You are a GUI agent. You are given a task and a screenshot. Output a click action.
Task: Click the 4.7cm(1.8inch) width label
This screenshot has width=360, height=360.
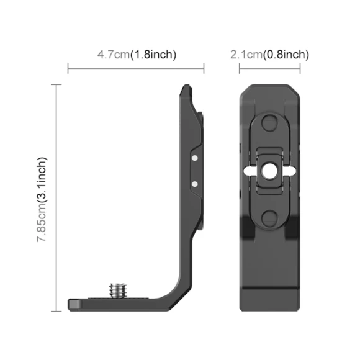(137, 55)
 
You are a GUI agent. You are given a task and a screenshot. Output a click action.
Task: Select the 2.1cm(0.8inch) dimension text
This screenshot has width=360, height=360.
(269, 55)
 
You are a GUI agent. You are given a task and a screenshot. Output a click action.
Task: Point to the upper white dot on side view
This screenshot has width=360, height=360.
(195, 159)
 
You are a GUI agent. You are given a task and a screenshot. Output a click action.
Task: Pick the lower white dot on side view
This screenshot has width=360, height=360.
(195, 183)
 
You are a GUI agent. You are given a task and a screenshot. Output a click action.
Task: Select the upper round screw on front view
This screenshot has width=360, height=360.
(269, 122)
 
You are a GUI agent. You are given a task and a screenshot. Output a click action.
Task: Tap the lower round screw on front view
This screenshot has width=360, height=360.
(269, 217)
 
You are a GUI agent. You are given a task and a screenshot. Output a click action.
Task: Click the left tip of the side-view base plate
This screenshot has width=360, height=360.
(70, 305)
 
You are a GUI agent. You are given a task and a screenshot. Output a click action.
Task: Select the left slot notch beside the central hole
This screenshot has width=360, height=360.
(251, 169)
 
